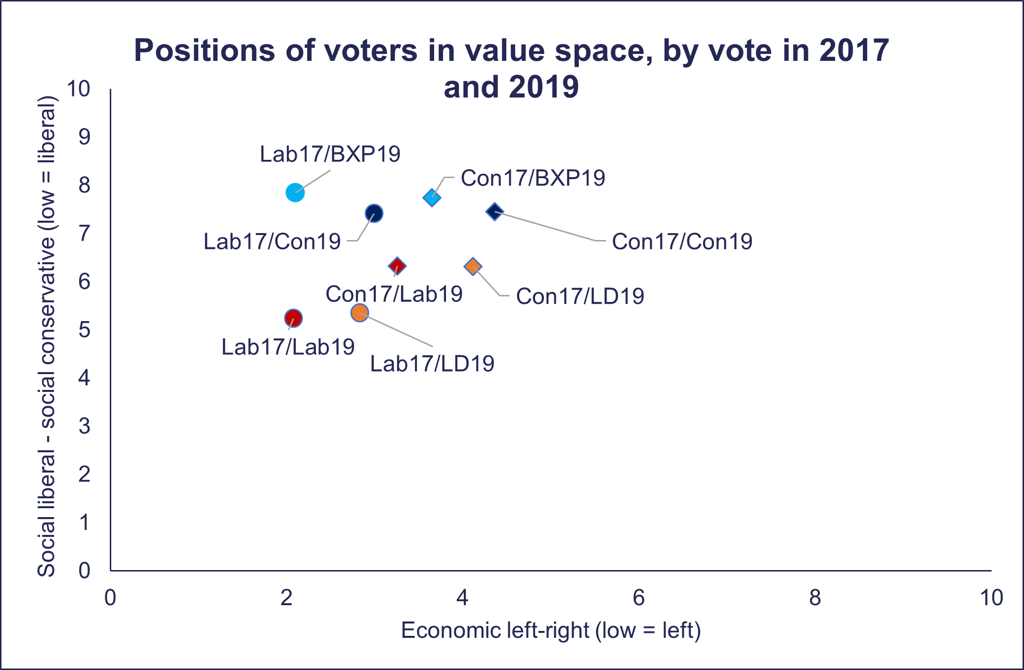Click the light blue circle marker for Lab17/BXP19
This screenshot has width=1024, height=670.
pyautogui.click(x=295, y=192)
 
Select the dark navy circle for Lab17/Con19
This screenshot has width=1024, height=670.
pyautogui.click(x=374, y=214)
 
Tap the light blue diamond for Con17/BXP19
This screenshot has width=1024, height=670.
pyautogui.click(x=432, y=198)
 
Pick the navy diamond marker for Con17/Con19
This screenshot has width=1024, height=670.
pyautogui.click(x=494, y=212)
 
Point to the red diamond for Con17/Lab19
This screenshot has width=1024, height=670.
pyautogui.click(x=397, y=266)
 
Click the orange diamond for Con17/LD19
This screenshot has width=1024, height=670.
pyautogui.click(x=473, y=267)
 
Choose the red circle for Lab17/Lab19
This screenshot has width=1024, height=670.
pyautogui.click(x=293, y=318)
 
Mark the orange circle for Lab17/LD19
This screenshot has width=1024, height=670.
pyautogui.click(x=359, y=313)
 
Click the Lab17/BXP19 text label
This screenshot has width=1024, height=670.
pyautogui.click(x=330, y=154)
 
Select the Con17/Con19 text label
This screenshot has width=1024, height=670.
pyautogui.click(x=682, y=242)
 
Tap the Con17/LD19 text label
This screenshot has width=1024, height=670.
pyautogui.click(x=580, y=296)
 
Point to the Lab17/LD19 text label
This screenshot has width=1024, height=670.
pyautogui.click(x=432, y=364)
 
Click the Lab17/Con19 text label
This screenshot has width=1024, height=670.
pyautogui.click(x=272, y=242)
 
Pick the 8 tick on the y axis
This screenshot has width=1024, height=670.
pyautogui.click(x=85, y=185)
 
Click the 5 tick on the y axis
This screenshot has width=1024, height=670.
pyautogui.click(x=85, y=330)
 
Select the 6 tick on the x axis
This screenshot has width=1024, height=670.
pyautogui.click(x=639, y=598)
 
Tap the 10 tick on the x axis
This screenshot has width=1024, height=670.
pyautogui.click(x=991, y=598)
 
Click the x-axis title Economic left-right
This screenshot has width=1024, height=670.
pyautogui.click(x=551, y=631)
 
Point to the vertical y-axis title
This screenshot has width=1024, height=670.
pyautogui.click(x=47, y=336)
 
